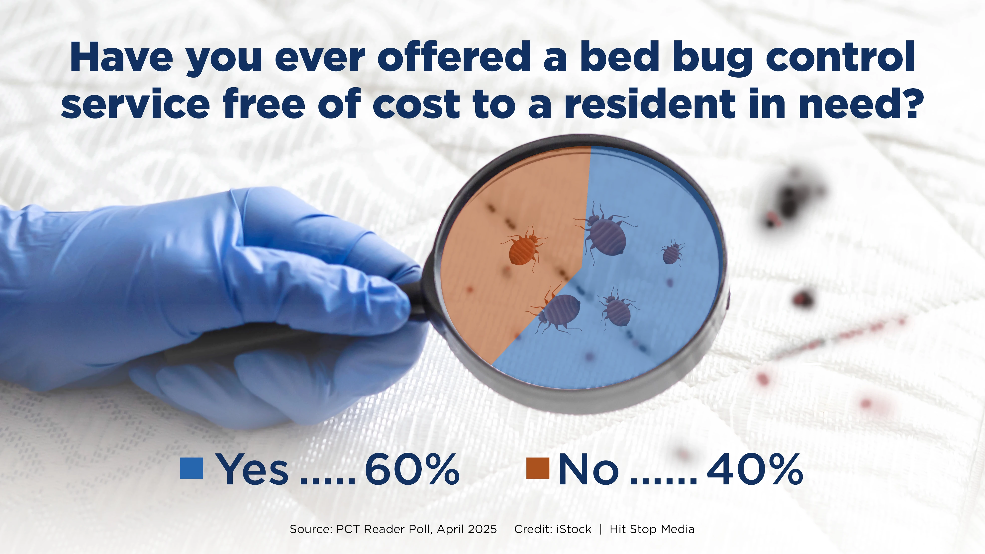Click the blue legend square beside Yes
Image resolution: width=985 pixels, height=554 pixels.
pyautogui.click(x=191, y=468)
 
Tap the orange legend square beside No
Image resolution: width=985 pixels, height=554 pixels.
pyautogui.click(x=538, y=468)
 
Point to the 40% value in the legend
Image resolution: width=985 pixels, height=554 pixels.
pyautogui.click(x=754, y=469)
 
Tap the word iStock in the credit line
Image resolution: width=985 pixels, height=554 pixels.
pyautogui.click(x=574, y=529)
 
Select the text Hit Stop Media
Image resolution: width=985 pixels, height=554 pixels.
pyautogui.click(x=652, y=529)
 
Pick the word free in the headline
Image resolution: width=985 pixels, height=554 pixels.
pyautogui.click(x=264, y=103)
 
